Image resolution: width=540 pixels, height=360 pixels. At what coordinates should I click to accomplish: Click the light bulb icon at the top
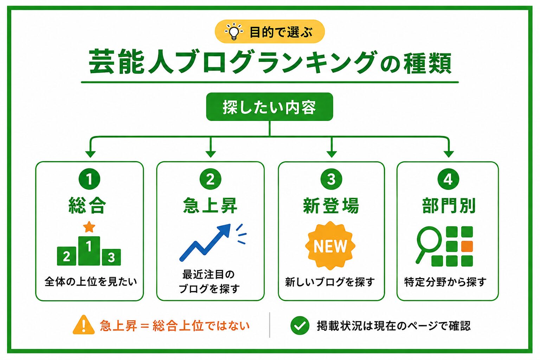(233, 32)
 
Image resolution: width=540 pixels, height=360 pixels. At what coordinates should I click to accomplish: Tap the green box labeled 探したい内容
(270, 107)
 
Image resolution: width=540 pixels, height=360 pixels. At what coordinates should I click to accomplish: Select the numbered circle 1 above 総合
(89, 179)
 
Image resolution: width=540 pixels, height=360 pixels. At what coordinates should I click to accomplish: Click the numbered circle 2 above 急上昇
(211, 179)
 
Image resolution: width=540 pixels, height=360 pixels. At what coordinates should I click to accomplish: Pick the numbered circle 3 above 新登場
(331, 179)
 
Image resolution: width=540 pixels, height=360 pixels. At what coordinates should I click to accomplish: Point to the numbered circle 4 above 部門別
(448, 179)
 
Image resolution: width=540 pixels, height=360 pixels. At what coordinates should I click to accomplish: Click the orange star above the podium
(89, 227)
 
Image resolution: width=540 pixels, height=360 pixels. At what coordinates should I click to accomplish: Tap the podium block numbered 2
(66, 256)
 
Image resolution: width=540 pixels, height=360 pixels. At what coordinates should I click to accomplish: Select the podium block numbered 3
(111, 257)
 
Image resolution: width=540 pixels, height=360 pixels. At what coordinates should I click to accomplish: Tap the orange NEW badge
(330, 246)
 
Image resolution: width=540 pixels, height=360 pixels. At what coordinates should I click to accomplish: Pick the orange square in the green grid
(467, 246)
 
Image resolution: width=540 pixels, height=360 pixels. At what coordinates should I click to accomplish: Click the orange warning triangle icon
(84, 325)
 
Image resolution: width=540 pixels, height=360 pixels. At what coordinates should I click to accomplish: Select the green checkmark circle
(300, 325)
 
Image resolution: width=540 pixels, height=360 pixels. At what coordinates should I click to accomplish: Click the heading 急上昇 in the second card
(210, 205)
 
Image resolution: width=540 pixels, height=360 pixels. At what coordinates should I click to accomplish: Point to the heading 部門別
(449, 205)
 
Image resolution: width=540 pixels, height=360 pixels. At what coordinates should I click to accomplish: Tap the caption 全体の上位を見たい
(91, 282)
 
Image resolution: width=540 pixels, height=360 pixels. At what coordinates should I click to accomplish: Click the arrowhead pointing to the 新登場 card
(332, 154)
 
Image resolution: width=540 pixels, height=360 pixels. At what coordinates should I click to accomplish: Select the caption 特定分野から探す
(445, 282)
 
